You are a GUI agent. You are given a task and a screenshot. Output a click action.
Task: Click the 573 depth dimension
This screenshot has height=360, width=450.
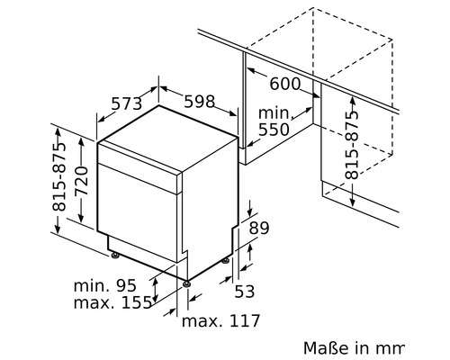(x=126, y=103)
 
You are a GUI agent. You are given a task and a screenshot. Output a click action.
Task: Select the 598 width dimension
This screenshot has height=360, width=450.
(x=200, y=101)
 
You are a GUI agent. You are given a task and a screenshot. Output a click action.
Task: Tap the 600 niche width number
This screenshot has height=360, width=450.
(x=284, y=84)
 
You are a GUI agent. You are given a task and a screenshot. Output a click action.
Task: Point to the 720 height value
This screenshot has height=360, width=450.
(x=82, y=181)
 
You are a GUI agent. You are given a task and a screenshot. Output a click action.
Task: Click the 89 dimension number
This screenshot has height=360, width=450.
(x=259, y=228)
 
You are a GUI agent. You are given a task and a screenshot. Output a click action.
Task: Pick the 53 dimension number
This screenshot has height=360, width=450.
(x=244, y=291)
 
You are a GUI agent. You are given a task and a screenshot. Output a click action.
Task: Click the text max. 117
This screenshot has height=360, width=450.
(x=220, y=320)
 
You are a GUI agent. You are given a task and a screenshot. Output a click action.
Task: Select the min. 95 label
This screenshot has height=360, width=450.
(x=105, y=285)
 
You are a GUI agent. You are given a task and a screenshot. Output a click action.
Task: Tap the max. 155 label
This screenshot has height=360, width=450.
(x=112, y=302)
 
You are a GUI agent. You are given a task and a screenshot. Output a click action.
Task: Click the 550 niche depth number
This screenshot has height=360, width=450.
(x=274, y=130)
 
